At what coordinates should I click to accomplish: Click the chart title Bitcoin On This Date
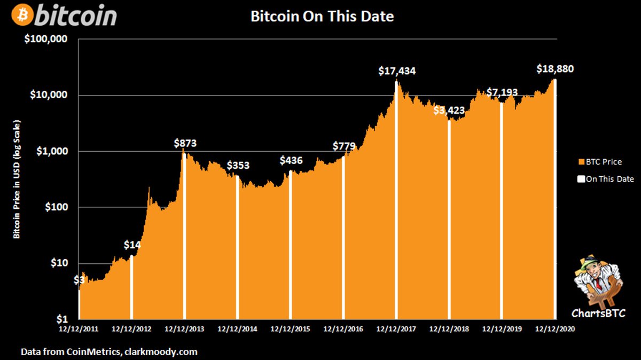click(322, 17)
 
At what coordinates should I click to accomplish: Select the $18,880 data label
click(555, 69)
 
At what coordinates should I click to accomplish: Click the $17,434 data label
click(397, 71)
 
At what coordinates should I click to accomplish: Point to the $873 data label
click(185, 143)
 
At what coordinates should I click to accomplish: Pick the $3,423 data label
click(449, 111)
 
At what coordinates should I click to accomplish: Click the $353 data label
click(238, 166)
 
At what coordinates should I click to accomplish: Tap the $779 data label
click(344, 146)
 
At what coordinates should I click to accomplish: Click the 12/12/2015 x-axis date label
click(291, 329)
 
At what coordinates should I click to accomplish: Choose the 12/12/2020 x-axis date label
click(555, 329)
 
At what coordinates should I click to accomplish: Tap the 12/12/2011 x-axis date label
click(79, 329)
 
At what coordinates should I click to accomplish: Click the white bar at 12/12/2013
click(184, 235)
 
